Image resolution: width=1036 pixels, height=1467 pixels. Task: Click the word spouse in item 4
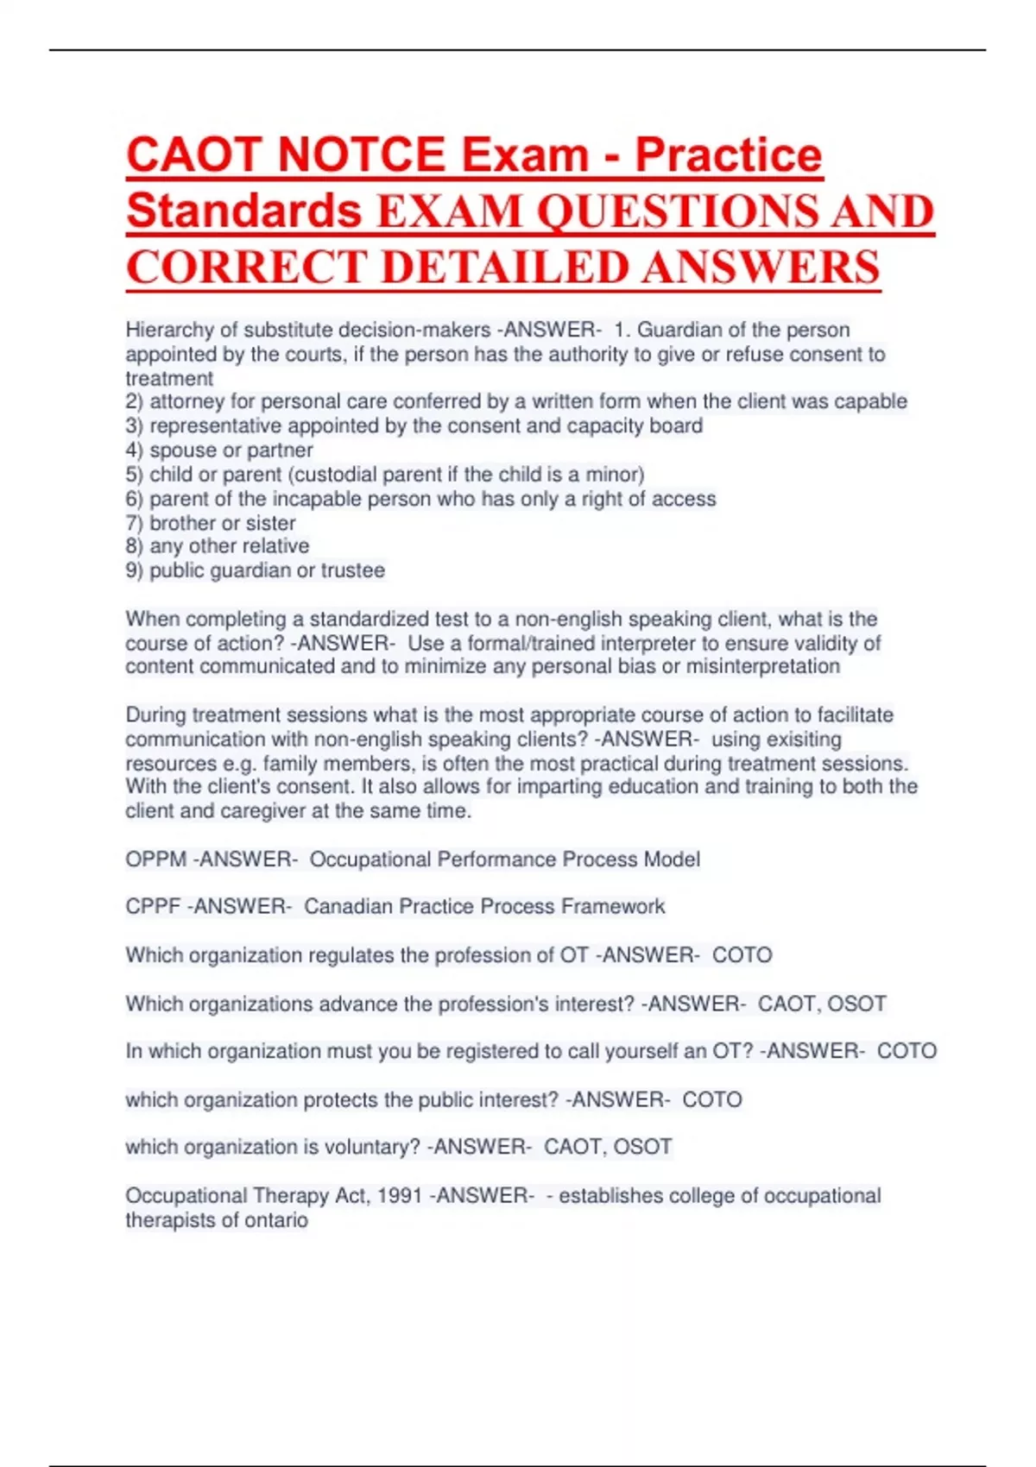tap(176, 450)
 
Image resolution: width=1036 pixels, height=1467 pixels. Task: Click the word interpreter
tap(651, 644)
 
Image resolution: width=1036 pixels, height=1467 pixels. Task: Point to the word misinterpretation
tap(763, 666)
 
